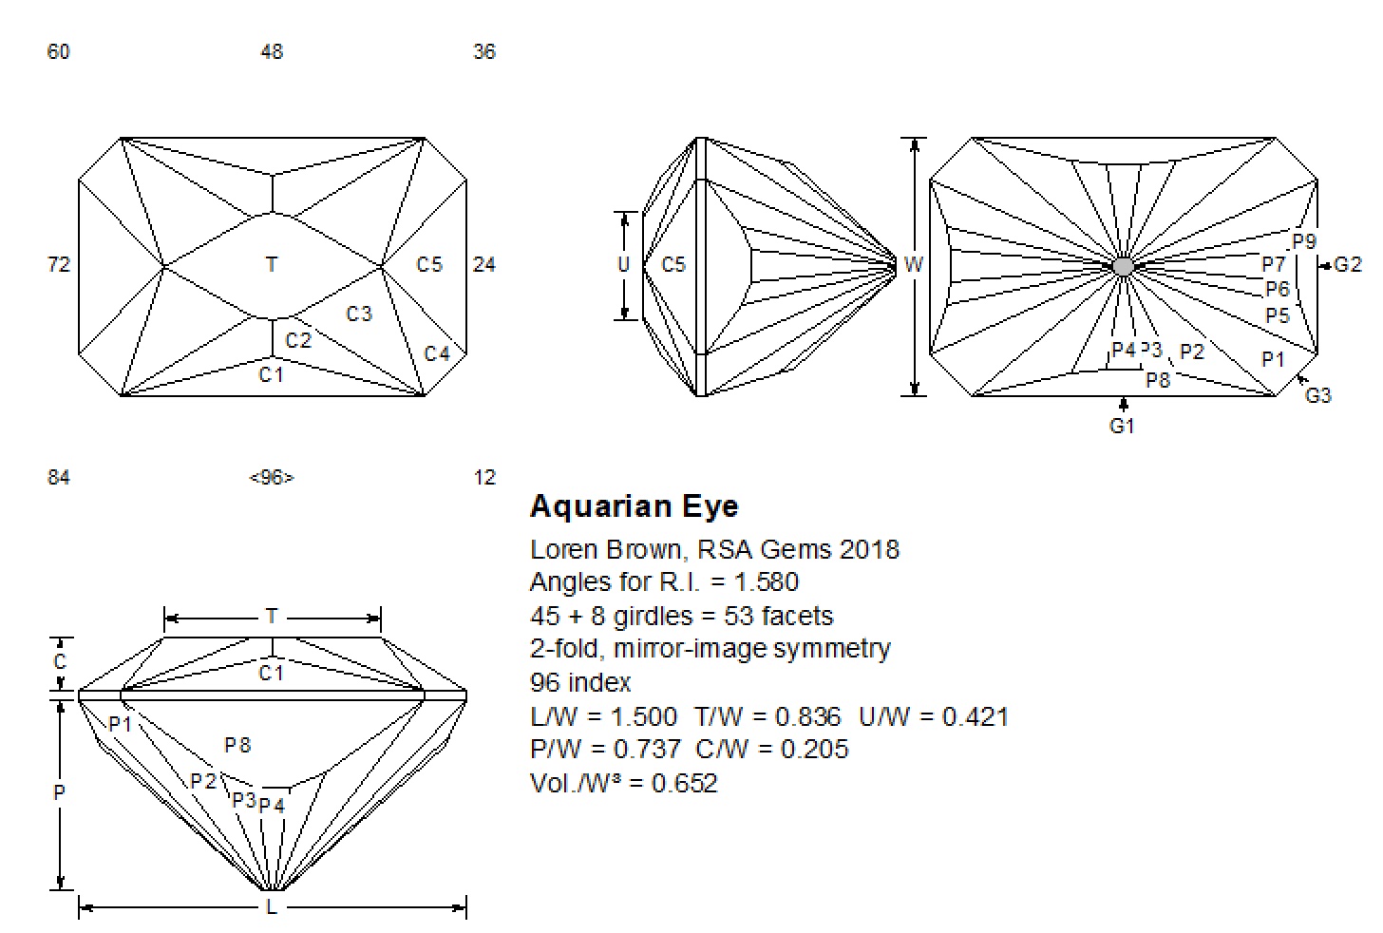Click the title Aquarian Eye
tap(634, 506)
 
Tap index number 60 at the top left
tap(58, 52)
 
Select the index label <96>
tap(272, 477)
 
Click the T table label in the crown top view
tap(272, 265)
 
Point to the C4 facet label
tap(436, 354)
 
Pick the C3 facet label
tap(359, 314)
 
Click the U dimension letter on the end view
tap(623, 265)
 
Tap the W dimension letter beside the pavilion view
tap(913, 265)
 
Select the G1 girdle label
tap(1122, 427)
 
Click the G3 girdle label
tap(1318, 396)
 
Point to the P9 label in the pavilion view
tap(1304, 242)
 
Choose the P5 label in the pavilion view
tap(1278, 315)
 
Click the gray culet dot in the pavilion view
tap(1123, 266)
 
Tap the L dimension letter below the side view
tap(272, 908)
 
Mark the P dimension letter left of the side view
tap(59, 791)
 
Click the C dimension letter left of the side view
tap(59, 662)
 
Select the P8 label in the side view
tap(237, 746)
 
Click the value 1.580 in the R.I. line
tap(767, 581)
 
